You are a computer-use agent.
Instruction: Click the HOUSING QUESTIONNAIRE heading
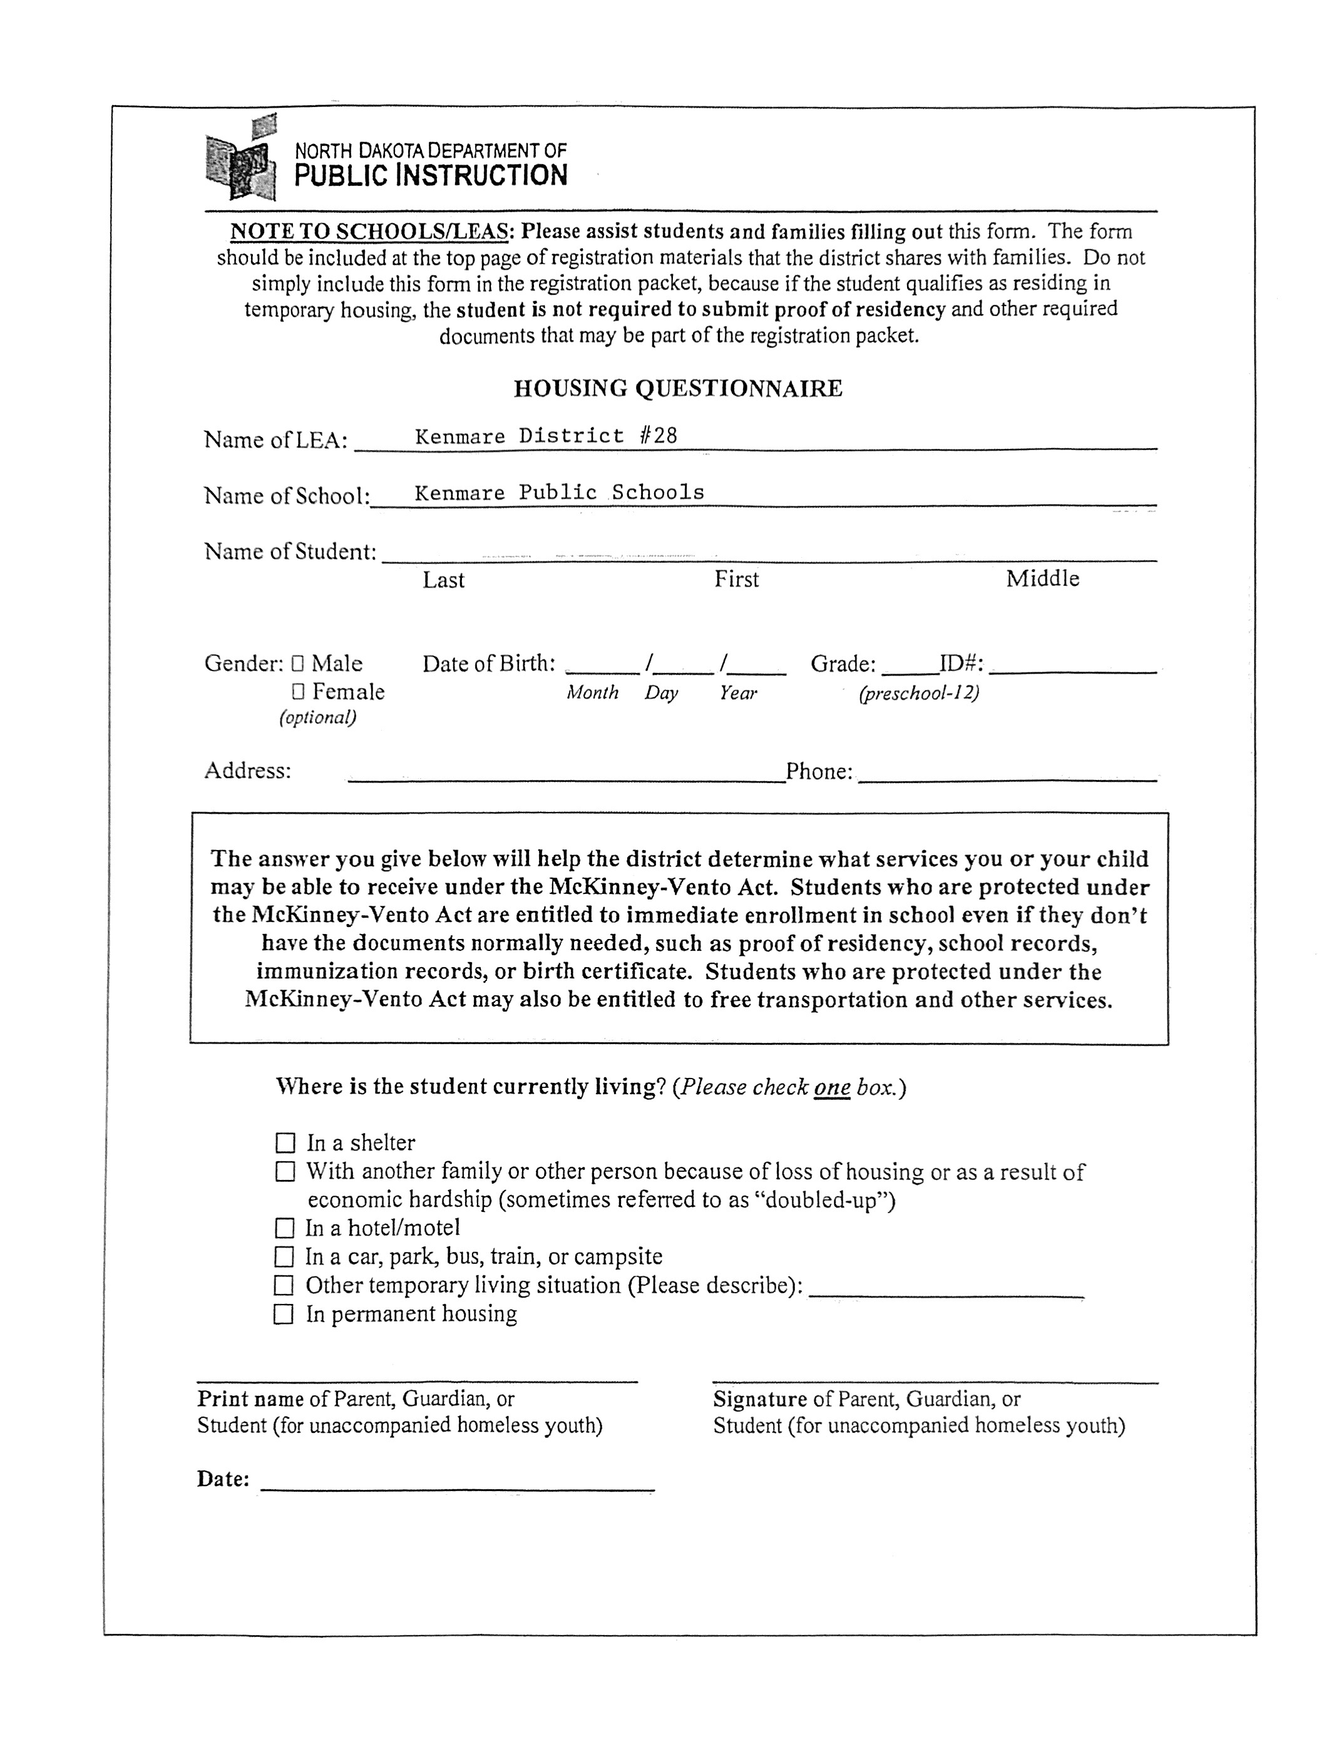pyautogui.click(x=677, y=389)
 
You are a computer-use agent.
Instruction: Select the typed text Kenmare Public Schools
pyautogui.click(x=559, y=492)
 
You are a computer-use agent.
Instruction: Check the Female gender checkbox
pyautogui.click(x=298, y=690)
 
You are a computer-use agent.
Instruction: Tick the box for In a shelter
pyautogui.click(x=285, y=1142)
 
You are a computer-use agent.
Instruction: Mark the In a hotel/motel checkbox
pyautogui.click(x=284, y=1228)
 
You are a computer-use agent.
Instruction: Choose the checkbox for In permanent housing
pyautogui.click(x=284, y=1314)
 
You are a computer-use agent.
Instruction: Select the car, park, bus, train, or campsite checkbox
pyautogui.click(x=284, y=1256)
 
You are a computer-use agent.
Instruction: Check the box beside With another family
pyautogui.click(x=285, y=1171)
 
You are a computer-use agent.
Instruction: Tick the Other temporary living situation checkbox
pyautogui.click(x=284, y=1285)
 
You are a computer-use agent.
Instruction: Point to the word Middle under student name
pyautogui.click(x=1042, y=579)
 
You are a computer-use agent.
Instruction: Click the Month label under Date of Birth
pyautogui.click(x=592, y=693)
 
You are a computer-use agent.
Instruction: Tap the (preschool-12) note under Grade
pyautogui.click(x=919, y=693)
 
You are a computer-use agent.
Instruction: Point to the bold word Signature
pyautogui.click(x=759, y=1399)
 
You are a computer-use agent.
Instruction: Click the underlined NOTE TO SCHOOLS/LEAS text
pyautogui.click(x=369, y=232)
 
